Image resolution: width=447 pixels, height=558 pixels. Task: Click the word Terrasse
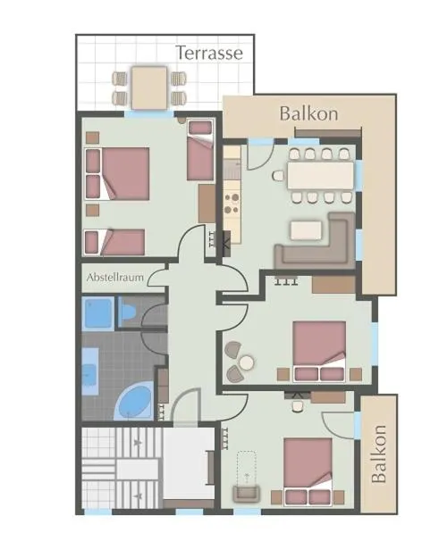coord(209,53)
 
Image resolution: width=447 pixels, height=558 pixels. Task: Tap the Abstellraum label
coord(115,278)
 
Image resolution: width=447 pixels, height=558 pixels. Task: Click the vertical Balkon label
coord(378,454)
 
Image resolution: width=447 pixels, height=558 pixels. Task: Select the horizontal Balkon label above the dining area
coord(308,114)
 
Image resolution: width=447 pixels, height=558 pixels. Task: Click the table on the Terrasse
coord(149,87)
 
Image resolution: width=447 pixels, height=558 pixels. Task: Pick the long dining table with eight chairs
coord(320,176)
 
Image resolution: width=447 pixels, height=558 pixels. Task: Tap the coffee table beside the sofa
coord(306,230)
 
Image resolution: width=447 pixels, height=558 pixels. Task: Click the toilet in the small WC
coord(128,312)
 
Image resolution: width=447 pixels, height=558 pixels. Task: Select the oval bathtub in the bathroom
coord(134,402)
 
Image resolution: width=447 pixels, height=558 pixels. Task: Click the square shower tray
coord(97,313)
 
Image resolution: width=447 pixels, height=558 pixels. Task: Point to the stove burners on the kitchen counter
coord(232,204)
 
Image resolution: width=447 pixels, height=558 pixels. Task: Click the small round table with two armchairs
coord(247,362)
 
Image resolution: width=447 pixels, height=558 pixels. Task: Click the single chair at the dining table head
coord(278,176)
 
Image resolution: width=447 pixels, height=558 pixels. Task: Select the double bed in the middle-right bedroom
coord(319,351)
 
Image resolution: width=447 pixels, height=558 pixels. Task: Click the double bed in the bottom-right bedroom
coord(308,471)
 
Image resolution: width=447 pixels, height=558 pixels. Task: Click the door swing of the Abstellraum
coord(156,278)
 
